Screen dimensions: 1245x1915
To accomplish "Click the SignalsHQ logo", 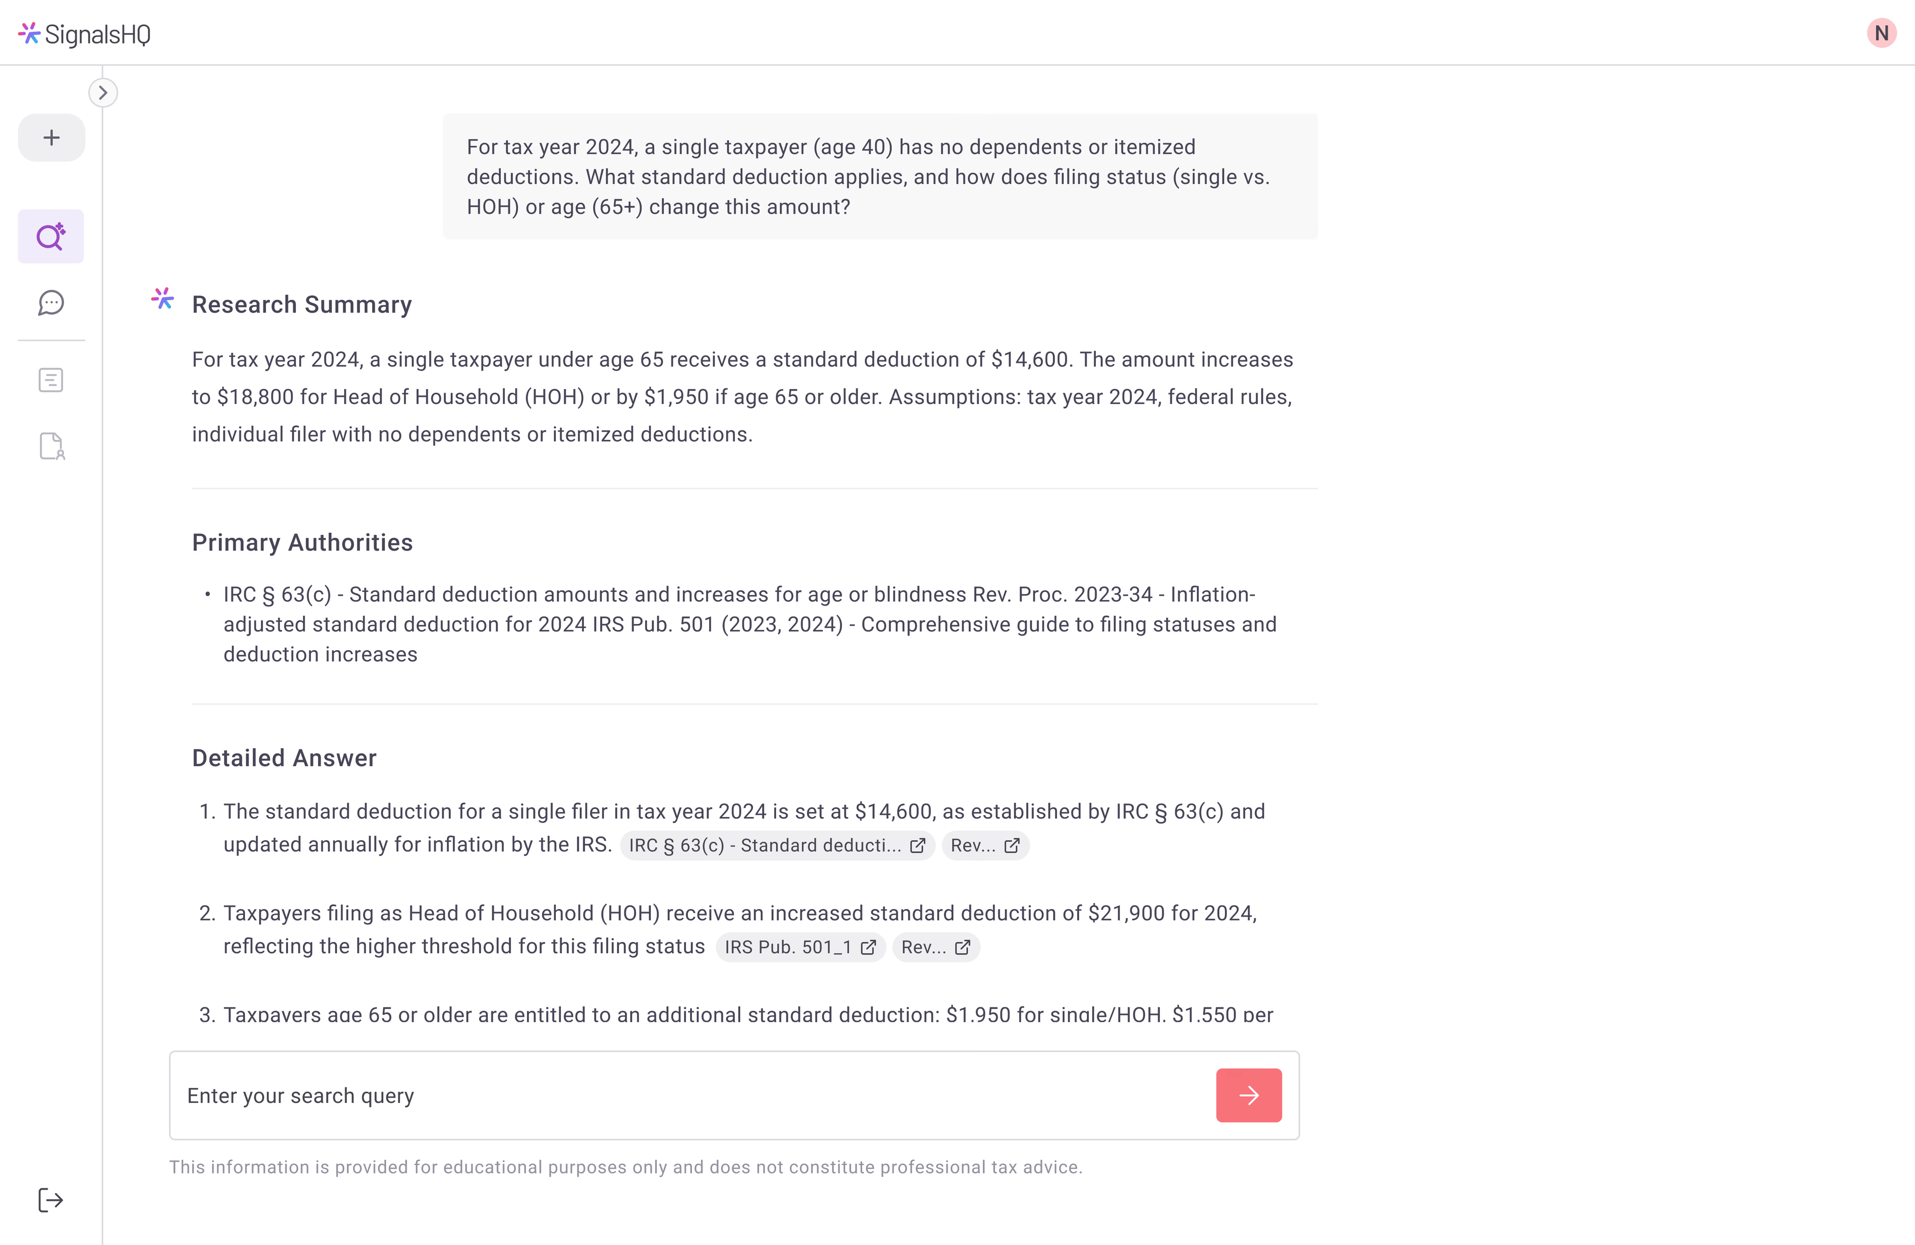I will point(85,34).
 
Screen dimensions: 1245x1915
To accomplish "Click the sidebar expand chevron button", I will point(103,93).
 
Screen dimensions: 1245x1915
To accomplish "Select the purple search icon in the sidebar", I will point(50,237).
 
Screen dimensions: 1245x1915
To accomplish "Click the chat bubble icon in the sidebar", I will point(50,303).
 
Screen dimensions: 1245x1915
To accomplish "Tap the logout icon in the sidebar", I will point(50,1200).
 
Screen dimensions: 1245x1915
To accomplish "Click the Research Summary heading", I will point(302,304).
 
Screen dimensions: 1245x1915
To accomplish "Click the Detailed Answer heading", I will point(284,758).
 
